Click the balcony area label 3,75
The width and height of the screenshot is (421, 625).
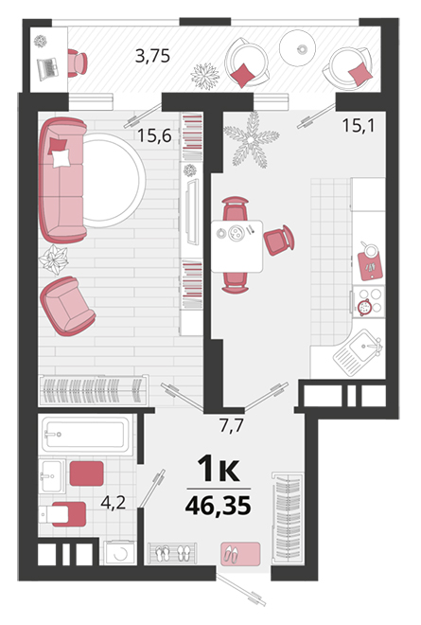[152, 56]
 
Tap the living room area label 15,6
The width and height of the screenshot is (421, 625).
[154, 136]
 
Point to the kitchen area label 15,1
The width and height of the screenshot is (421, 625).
[359, 126]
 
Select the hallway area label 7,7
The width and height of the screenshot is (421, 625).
[231, 426]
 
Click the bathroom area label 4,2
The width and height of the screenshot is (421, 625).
[114, 503]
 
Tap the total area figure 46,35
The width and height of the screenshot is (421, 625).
[219, 506]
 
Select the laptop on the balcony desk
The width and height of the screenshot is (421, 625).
[48, 68]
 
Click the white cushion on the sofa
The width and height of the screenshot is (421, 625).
[61, 158]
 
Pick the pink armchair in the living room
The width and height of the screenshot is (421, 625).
[67, 306]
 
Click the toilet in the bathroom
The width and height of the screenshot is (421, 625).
[62, 514]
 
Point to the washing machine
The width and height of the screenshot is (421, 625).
[119, 552]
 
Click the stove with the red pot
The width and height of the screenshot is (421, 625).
[368, 302]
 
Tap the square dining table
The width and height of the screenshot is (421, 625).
[237, 246]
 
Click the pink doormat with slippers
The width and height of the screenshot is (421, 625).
[240, 554]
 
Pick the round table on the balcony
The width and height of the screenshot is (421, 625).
[297, 48]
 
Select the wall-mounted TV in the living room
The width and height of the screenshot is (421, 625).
[192, 212]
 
